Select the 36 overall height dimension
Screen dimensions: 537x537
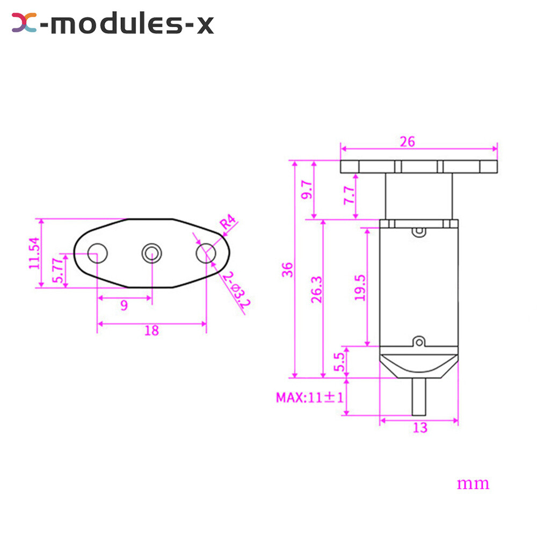(x=287, y=269)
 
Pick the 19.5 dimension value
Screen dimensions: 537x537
(x=360, y=287)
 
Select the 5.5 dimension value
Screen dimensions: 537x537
(x=338, y=362)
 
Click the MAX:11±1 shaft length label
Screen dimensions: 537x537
(x=308, y=398)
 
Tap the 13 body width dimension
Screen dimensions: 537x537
(x=420, y=427)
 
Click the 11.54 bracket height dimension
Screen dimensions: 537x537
(x=35, y=253)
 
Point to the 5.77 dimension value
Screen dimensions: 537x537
(x=57, y=271)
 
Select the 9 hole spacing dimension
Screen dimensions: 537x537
(x=124, y=306)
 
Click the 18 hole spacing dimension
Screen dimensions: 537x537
(x=151, y=331)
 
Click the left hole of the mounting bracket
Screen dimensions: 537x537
(x=97, y=252)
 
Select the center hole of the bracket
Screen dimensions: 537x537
(x=151, y=252)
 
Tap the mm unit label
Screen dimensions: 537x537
(x=473, y=483)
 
